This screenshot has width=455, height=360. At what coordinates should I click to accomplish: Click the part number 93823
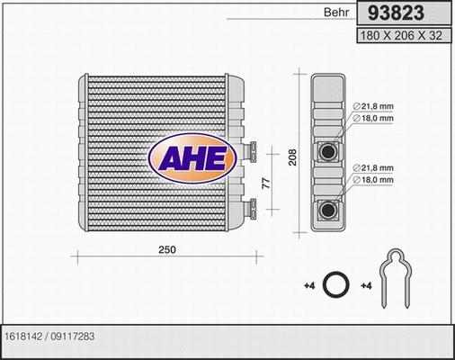(x=403, y=14)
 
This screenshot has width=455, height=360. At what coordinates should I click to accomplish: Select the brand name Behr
(x=335, y=15)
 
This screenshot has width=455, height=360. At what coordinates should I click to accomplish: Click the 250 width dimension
(x=167, y=249)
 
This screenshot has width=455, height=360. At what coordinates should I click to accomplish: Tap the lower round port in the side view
(x=328, y=211)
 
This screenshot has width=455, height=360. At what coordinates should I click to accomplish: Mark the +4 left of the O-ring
(x=308, y=286)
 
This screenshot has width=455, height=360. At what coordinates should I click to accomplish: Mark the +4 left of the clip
(x=365, y=286)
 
